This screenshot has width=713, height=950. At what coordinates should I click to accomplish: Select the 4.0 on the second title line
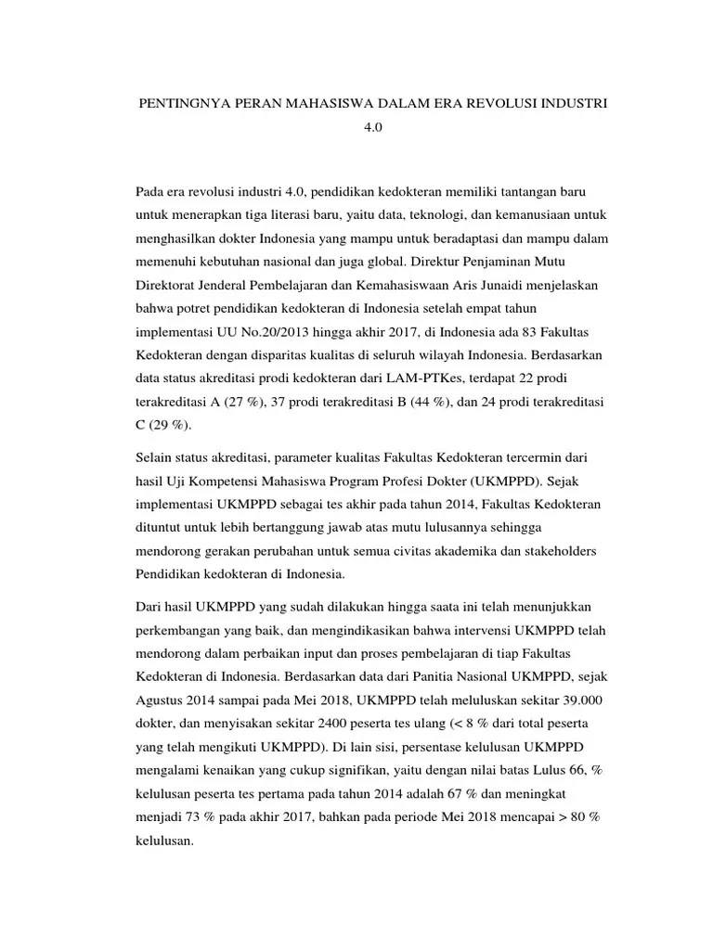372,131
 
